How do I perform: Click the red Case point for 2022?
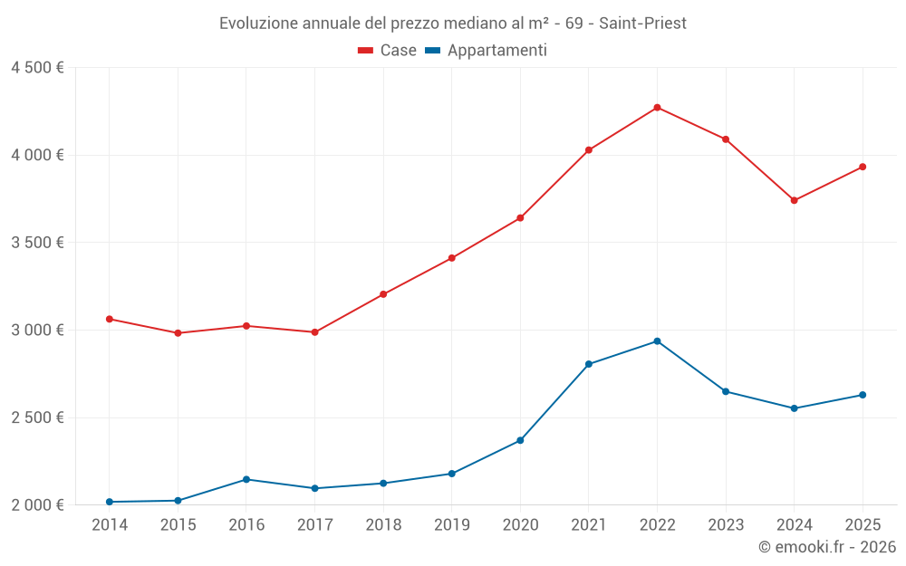pos(657,108)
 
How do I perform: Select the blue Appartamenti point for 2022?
pos(657,341)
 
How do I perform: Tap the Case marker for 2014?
pos(110,319)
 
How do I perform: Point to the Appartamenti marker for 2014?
pos(110,502)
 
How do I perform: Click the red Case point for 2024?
pos(794,200)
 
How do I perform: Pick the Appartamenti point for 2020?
pos(520,440)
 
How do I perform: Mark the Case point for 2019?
pos(451,258)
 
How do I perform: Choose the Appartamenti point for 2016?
pos(246,479)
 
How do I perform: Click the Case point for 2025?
pos(863,167)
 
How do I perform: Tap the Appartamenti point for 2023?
pos(726,391)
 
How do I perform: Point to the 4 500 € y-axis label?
pos(37,68)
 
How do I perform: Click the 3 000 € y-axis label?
pos(37,331)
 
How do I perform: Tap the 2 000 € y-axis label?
pos(37,505)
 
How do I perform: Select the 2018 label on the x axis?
pos(383,525)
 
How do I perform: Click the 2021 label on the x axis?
pos(589,525)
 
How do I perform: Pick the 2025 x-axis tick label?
pos(863,525)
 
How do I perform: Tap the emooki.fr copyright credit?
pos(826,547)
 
